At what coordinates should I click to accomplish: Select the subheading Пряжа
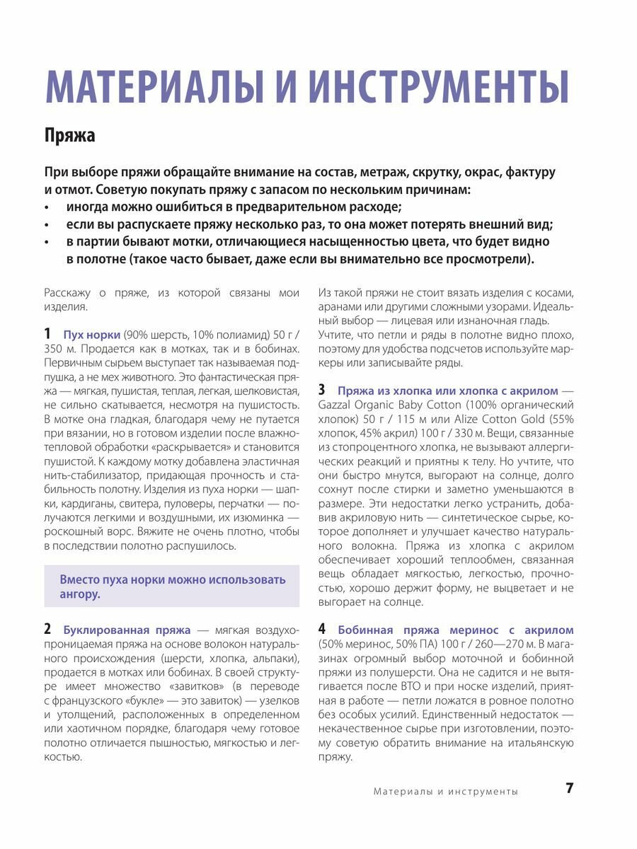pyautogui.click(x=69, y=134)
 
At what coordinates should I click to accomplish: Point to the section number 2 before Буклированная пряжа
pyautogui.click(x=47, y=629)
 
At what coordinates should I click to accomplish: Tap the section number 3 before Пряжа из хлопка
pyautogui.click(x=321, y=390)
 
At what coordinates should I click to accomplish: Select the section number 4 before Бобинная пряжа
pyautogui.click(x=321, y=629)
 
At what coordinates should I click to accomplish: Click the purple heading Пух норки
pyautogui.click(x=91, y=335)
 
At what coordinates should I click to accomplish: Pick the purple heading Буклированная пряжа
pyautogui.click(x=127, y=630)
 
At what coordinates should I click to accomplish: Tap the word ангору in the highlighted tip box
pyautogui.click(x=80, y=594)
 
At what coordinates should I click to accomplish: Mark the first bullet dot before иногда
pyautogui.click(x=47, y=207)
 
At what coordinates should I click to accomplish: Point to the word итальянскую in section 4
pyautogui.click(x=539, y=743)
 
